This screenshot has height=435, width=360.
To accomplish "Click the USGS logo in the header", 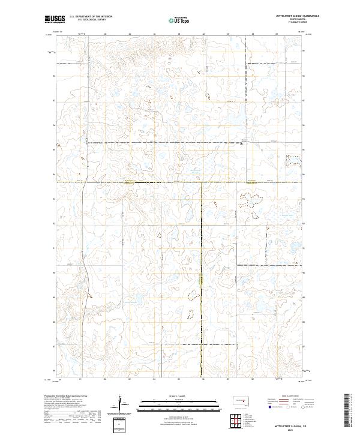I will point(55,19).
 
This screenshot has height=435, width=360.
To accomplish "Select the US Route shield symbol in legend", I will point(287,407).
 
